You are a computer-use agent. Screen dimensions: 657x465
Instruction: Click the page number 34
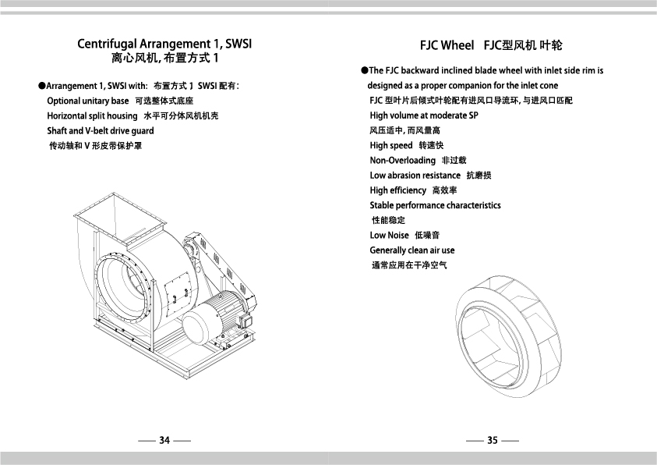click(x=164, y=440)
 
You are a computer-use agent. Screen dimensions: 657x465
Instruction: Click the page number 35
click(x=493, y=440)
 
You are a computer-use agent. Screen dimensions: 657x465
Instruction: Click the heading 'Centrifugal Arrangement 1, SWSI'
click(x=164, y=44)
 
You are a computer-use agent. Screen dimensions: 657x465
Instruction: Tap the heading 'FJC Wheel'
click(x=447, y=45)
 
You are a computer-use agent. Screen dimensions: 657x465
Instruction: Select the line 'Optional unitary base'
click(x=88, y=101)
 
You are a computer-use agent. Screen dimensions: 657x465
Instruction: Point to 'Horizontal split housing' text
click(x=92, y=116)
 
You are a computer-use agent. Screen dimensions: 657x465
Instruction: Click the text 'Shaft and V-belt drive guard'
click(x=101, y=131)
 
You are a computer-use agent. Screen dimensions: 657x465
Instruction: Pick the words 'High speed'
click(x=391, y=145)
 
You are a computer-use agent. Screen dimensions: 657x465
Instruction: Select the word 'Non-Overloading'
click(x=403, y=161)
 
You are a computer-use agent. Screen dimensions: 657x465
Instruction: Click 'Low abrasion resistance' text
click(x=415, y=176)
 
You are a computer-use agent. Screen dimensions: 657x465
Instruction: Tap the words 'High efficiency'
click(x=397, y=190)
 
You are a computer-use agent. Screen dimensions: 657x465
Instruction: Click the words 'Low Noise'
click(x=389, y=235)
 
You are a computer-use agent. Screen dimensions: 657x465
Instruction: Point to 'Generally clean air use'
click(x=412, y=250)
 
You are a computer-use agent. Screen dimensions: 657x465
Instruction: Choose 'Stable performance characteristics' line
click(x=435, y=205)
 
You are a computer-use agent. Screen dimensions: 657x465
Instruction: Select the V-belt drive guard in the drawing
click(x=220, y=268)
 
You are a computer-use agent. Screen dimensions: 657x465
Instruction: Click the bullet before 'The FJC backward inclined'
click(x=364, y=70)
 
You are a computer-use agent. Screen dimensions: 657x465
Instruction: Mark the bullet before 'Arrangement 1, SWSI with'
click(x=41, y=86)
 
